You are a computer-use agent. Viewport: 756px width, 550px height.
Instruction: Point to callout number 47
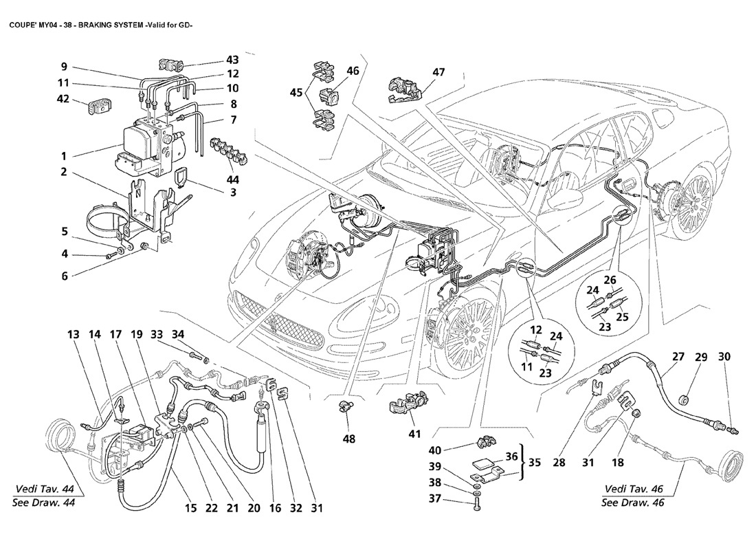tap(438, 72)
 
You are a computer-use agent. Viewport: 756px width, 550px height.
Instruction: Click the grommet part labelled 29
tap(683, 400)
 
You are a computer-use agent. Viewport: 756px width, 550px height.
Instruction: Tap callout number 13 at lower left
tap(73, 335)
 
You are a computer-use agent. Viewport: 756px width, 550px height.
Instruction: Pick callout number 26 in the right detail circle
tap(610, 280)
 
